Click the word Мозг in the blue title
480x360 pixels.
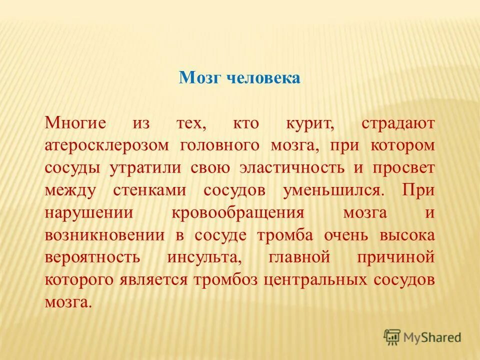(x=200, y=78)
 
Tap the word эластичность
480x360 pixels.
(x=292, y=167)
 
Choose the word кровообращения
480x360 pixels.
(x=238, y=212)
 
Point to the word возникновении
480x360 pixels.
(x=104, y=234)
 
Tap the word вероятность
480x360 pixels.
(x=91, y=257)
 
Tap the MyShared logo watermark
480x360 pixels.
(x=422, y=336)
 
